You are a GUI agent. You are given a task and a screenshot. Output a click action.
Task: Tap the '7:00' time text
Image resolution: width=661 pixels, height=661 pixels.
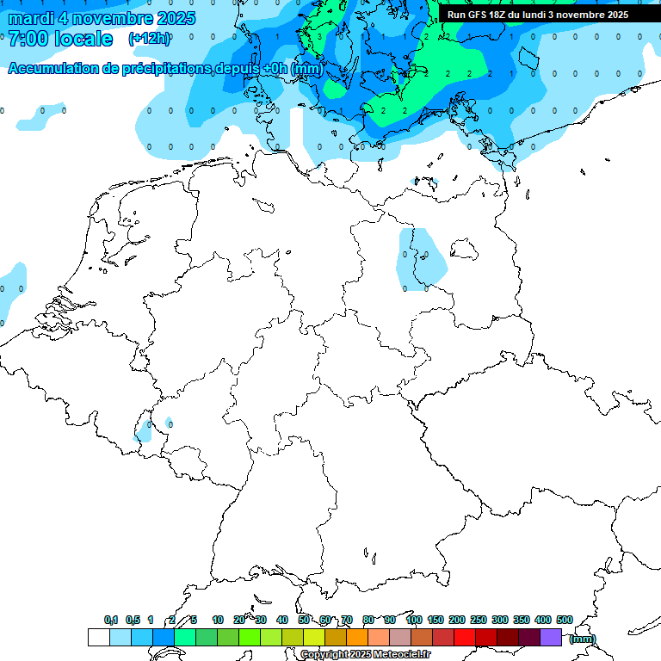pyautogui.click(x=28, y=39)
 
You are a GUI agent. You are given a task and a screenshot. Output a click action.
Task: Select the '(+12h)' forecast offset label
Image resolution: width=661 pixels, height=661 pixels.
pyautogui.click(x=149, y=39)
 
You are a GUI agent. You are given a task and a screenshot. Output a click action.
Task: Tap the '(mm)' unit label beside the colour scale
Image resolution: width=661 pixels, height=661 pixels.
pyautogui.click(x=583, y=639)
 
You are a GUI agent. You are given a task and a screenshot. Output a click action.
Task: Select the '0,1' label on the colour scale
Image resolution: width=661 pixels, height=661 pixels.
pyautogui.click(x=111, y=620)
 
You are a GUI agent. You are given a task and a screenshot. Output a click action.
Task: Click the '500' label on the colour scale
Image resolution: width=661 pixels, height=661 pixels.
pyautogui.click(x=565, y=620)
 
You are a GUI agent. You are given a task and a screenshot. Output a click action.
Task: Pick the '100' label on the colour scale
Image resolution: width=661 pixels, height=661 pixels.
pyautogui.click(x=413, y=620)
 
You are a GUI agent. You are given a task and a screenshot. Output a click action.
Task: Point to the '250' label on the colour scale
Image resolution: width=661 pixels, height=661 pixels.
pyautogui.click(x=479, y=620)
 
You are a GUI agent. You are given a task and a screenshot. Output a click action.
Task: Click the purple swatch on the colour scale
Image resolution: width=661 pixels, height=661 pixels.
pyautogui.click(x=551, y=637)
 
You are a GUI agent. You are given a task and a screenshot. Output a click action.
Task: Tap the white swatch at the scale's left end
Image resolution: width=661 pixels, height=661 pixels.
pyautogui.click(x=98, y=637)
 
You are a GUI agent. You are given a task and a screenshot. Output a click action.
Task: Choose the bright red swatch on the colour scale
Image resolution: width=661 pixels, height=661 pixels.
pyautogui.click(x=465, y=637)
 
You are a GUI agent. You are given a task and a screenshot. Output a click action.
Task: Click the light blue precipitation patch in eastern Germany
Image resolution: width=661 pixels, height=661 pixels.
pyautogui.click(x=422, y=258)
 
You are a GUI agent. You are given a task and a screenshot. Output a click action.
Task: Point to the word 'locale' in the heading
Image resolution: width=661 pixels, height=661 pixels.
pyautogui.click(x=83, y=39)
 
